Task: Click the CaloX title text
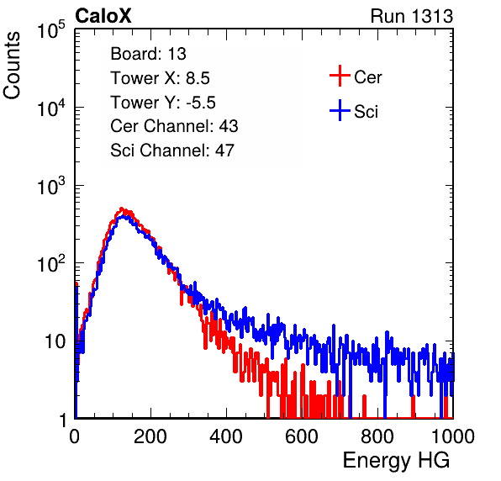(103, 16)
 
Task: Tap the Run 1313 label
(412, 16)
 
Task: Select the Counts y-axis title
(12, 66)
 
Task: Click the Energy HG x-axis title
(396, 461)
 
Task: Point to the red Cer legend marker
(340, 76)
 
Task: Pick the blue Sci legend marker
(340, 111)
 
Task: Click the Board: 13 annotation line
(148, 54)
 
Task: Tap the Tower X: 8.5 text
(160, 78)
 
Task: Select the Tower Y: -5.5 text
(163, 103)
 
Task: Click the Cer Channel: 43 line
(174, 126)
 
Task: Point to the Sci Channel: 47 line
(172, 151)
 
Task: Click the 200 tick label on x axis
(150, 436)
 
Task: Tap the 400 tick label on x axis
(226, 436)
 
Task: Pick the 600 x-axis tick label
(302, 436)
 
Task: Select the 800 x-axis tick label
(377, 436)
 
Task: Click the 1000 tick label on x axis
(453, 436)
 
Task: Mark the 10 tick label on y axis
(55, 341)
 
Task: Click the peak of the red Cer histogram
(121, 208)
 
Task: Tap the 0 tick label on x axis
(75, 436)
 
